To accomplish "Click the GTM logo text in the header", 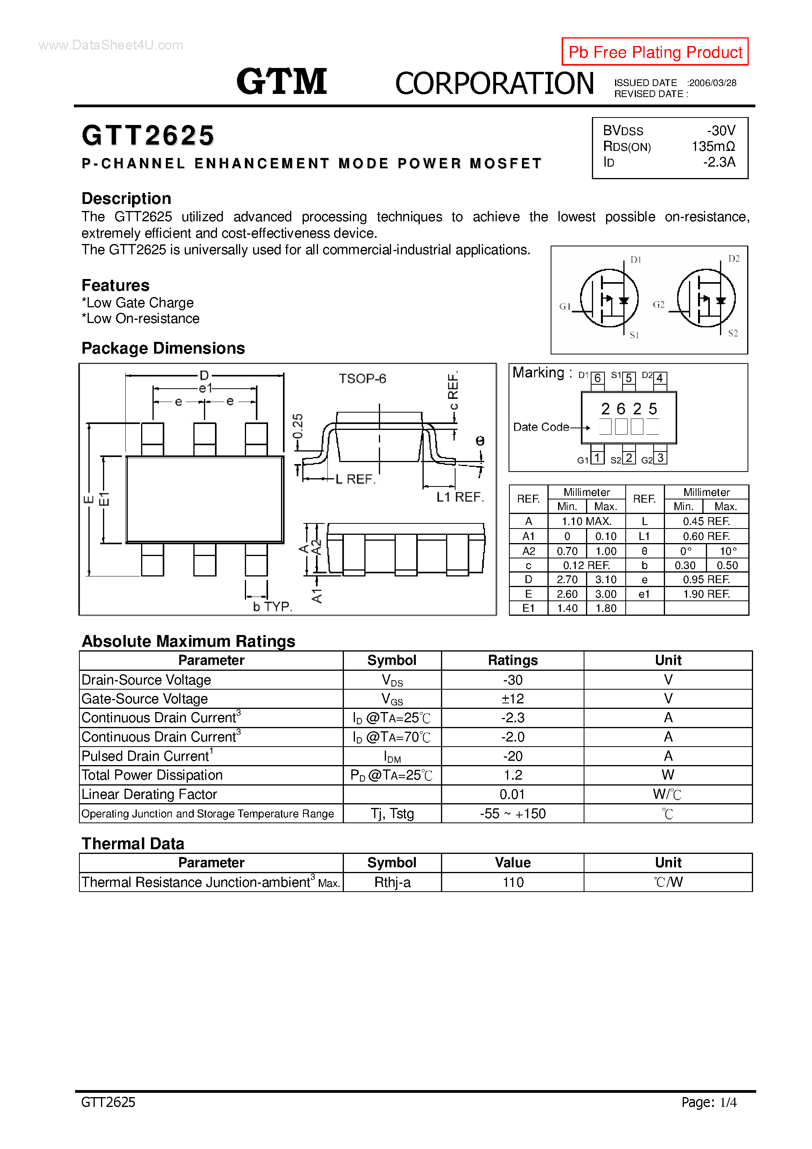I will [x=282, y=82].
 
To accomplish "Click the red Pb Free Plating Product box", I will [x=655, y=51].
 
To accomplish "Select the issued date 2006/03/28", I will [x=712, y=83].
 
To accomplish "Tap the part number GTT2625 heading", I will [x=148, y=136].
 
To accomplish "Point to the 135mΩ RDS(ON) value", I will [x=713, y=147].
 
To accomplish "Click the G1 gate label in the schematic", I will [x=565, y=306].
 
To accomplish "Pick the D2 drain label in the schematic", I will [x=733, y=259].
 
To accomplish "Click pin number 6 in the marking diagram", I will [x=598, y=378].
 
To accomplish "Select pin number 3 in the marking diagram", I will [x=660, y=458].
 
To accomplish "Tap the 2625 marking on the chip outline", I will [x=629, y=409].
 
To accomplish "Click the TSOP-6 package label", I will [x=362, y=379].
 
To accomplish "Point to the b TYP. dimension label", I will [x=272, y=607].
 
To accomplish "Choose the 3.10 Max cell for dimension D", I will [x=606, y=580].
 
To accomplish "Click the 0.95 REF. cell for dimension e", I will [x=706, y=580].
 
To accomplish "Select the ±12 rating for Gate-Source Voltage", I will [x=513, y=699].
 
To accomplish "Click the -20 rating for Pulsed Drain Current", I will [x=513, y=756].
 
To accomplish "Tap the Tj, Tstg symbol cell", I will [x=393, y=814].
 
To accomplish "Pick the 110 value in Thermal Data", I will [x=513, y=882].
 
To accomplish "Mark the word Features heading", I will [x=116, y=285].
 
